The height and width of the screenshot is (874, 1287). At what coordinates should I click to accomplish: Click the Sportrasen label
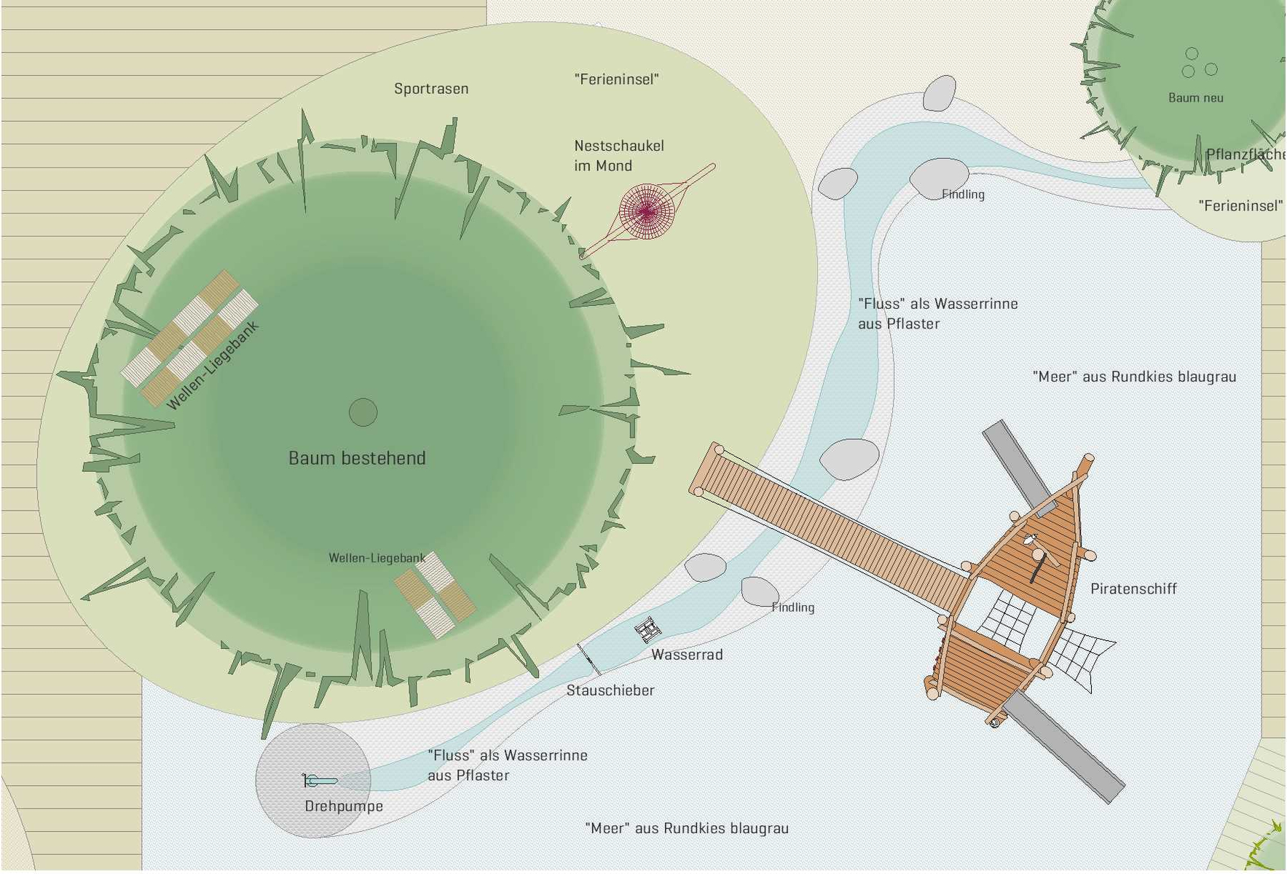[x=431, y=89]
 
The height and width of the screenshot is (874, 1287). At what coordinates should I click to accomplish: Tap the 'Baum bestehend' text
[x=357, y=458]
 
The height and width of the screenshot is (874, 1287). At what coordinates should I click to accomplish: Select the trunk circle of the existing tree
[x=363, y=412]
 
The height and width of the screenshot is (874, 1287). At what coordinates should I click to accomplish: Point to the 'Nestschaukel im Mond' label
[x=618, y=156]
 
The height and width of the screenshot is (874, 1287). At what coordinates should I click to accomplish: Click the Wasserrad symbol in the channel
[x=648, y=629]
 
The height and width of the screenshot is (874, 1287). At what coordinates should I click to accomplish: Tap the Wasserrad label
[x=687, y=655]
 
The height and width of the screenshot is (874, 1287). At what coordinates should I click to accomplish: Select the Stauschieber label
[x=610, y=690]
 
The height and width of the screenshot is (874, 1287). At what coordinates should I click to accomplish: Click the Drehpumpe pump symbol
[x=320, y=781]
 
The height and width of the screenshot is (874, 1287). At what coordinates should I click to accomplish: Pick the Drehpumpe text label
[x=344, y=806]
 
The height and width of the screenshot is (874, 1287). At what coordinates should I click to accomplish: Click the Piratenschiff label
[x=1133, y=588]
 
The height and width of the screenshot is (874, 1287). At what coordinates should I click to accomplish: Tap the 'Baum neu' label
[x=1195, y=98]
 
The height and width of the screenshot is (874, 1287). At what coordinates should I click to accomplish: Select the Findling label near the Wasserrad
[x=793, y=607]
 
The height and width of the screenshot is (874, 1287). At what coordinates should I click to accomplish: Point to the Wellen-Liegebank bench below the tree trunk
[x=435, y=595]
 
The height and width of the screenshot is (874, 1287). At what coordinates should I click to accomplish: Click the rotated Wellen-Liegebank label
[x=213, y=366]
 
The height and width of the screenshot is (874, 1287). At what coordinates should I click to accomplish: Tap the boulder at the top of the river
[x=940, y=93]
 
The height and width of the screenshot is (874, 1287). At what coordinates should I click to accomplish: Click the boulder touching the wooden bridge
[x=849, y=459]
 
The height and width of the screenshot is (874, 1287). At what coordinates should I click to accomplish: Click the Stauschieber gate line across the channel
[x=589, y=659]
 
